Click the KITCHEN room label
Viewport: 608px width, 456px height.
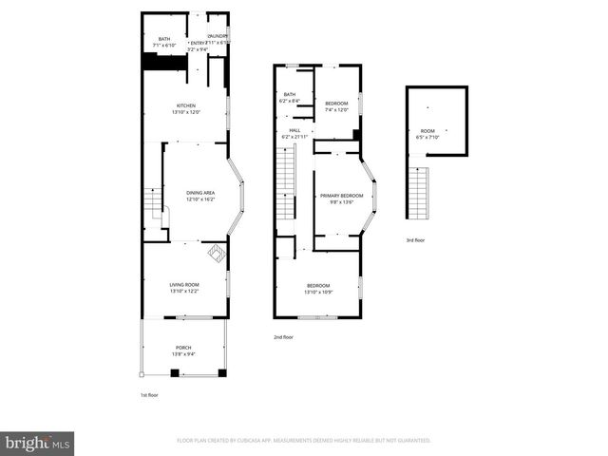[x=186, y=104]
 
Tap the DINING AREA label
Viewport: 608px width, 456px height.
[x=199, y=193]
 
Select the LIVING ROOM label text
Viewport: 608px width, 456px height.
[x=184, y=285]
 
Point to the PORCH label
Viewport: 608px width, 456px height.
[x=183, y=348]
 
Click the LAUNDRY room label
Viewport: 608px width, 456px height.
[x=218, y=36]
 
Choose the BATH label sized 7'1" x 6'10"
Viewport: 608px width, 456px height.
[x=164, y=39]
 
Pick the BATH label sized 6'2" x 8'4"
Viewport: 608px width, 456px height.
[x=291, y=94]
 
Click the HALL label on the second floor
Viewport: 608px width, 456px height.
[x=294, y=130]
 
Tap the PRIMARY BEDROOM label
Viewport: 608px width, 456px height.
[x=341, y=196]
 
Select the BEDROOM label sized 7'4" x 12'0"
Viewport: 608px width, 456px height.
[x=337, y=103]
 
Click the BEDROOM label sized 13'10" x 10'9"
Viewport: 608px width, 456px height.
[x=318, y=286]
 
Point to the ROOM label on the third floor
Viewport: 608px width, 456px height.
[x=427, y=131]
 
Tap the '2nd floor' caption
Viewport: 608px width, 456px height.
[x=283, y=337]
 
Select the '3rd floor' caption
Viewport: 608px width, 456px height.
[x=415, y=240]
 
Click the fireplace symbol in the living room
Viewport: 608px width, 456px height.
[x=216, y=253]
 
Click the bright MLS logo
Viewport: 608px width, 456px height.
[x=38, y=442]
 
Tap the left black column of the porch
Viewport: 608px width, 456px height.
[x=175, y=371]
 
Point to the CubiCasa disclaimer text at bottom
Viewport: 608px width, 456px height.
[x=304, y=441]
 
